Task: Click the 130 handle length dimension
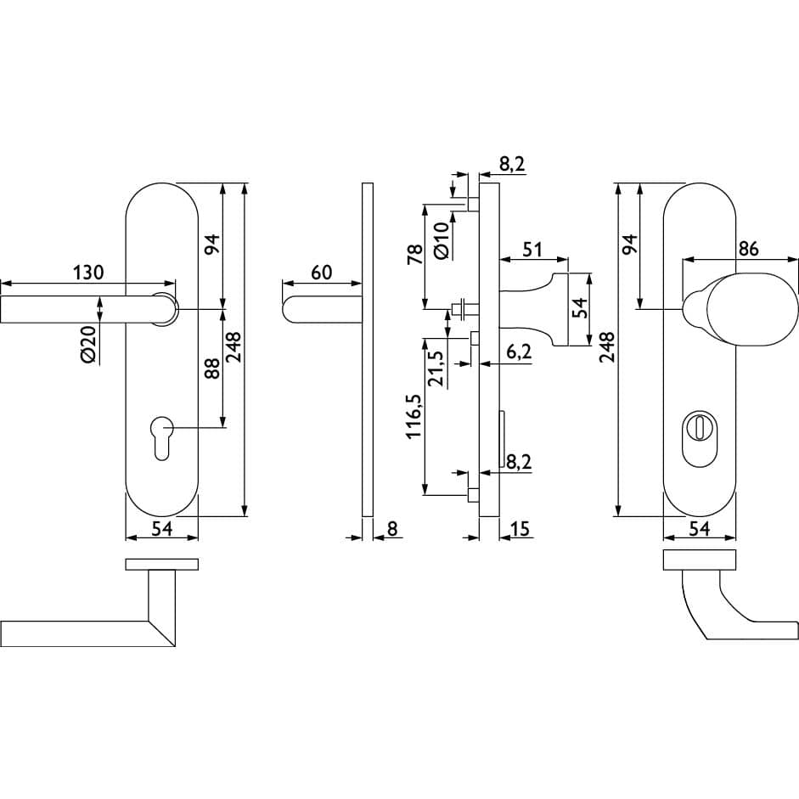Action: pos(88,272)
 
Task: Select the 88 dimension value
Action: pos(212,369)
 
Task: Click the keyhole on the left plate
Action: pos(161,438)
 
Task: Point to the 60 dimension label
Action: pos(321,272)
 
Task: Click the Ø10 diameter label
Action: pos(442,240)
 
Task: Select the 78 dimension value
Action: pos(415,254)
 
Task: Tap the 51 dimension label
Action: pos(532,249)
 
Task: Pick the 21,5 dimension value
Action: pos(436,368)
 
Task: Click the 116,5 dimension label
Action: pos(414,416)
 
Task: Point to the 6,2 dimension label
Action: pos(520,351)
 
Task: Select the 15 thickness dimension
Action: pos(520,528)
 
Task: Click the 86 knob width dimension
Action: pos(749,249)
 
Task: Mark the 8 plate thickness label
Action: pos(391,528)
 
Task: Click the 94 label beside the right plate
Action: pos(631,245)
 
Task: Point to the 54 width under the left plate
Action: pos(162,528)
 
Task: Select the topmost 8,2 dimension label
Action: pos(512,164)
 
